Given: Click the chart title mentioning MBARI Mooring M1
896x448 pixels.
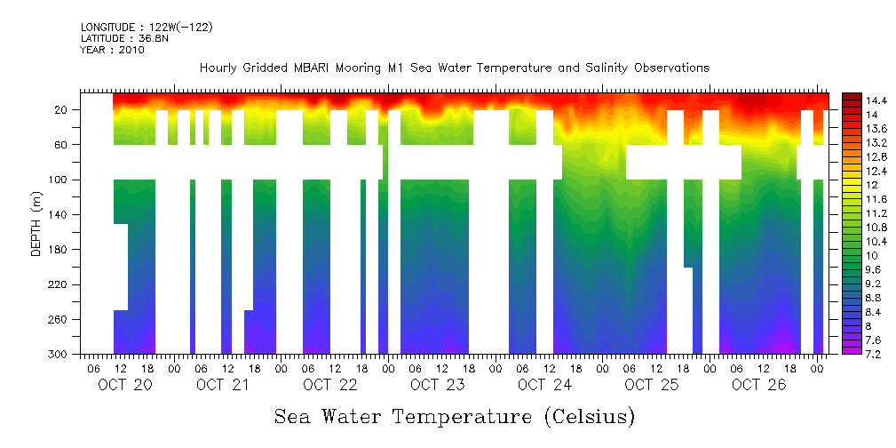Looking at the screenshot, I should coord(455,68).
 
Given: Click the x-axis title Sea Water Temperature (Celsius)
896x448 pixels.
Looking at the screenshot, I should coord(455,415).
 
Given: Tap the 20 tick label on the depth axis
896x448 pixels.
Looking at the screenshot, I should coord(62,110).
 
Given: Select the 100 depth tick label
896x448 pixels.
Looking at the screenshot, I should coord(59,180).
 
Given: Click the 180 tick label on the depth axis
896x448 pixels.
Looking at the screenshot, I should coord(59,250).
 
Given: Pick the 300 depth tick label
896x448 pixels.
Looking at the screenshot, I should coord(59,355).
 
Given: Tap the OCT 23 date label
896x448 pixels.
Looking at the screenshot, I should coord(437,385).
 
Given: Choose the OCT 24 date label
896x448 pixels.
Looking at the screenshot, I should coord(544,385).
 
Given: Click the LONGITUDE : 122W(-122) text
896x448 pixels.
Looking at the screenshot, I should coord(147,28).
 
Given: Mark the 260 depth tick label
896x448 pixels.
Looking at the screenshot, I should coord(59,320).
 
